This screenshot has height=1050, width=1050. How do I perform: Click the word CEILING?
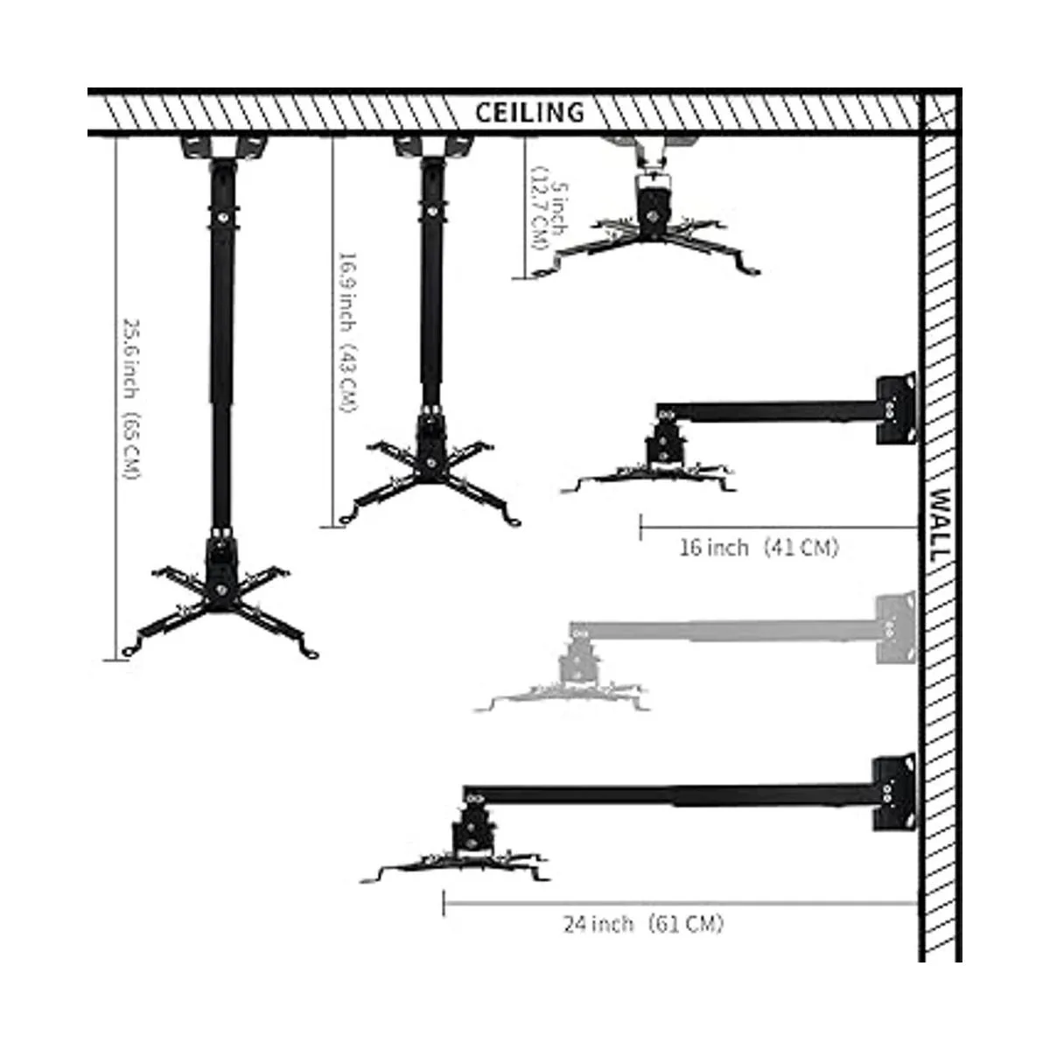(x=529, y=112)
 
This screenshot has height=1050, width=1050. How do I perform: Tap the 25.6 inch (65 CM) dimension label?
(x=130, y=398)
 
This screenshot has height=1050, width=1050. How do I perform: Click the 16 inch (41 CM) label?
(x=758, y=548)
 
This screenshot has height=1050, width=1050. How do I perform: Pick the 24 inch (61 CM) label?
(x=643, y=923)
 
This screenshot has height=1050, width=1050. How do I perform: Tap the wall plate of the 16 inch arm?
(x=895, y=409)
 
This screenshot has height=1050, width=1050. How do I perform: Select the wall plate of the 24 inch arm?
(x=893, y=792)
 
